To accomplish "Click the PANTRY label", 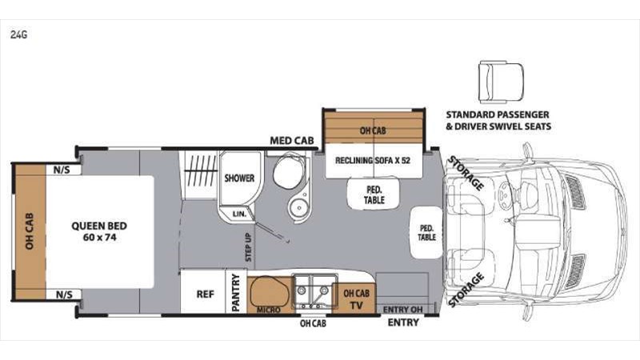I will (237, 293).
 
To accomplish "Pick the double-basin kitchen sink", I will (313, 294).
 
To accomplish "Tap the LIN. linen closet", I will (237, 214).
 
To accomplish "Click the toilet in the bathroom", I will (283, 174).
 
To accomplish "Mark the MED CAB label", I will (290, 141).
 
